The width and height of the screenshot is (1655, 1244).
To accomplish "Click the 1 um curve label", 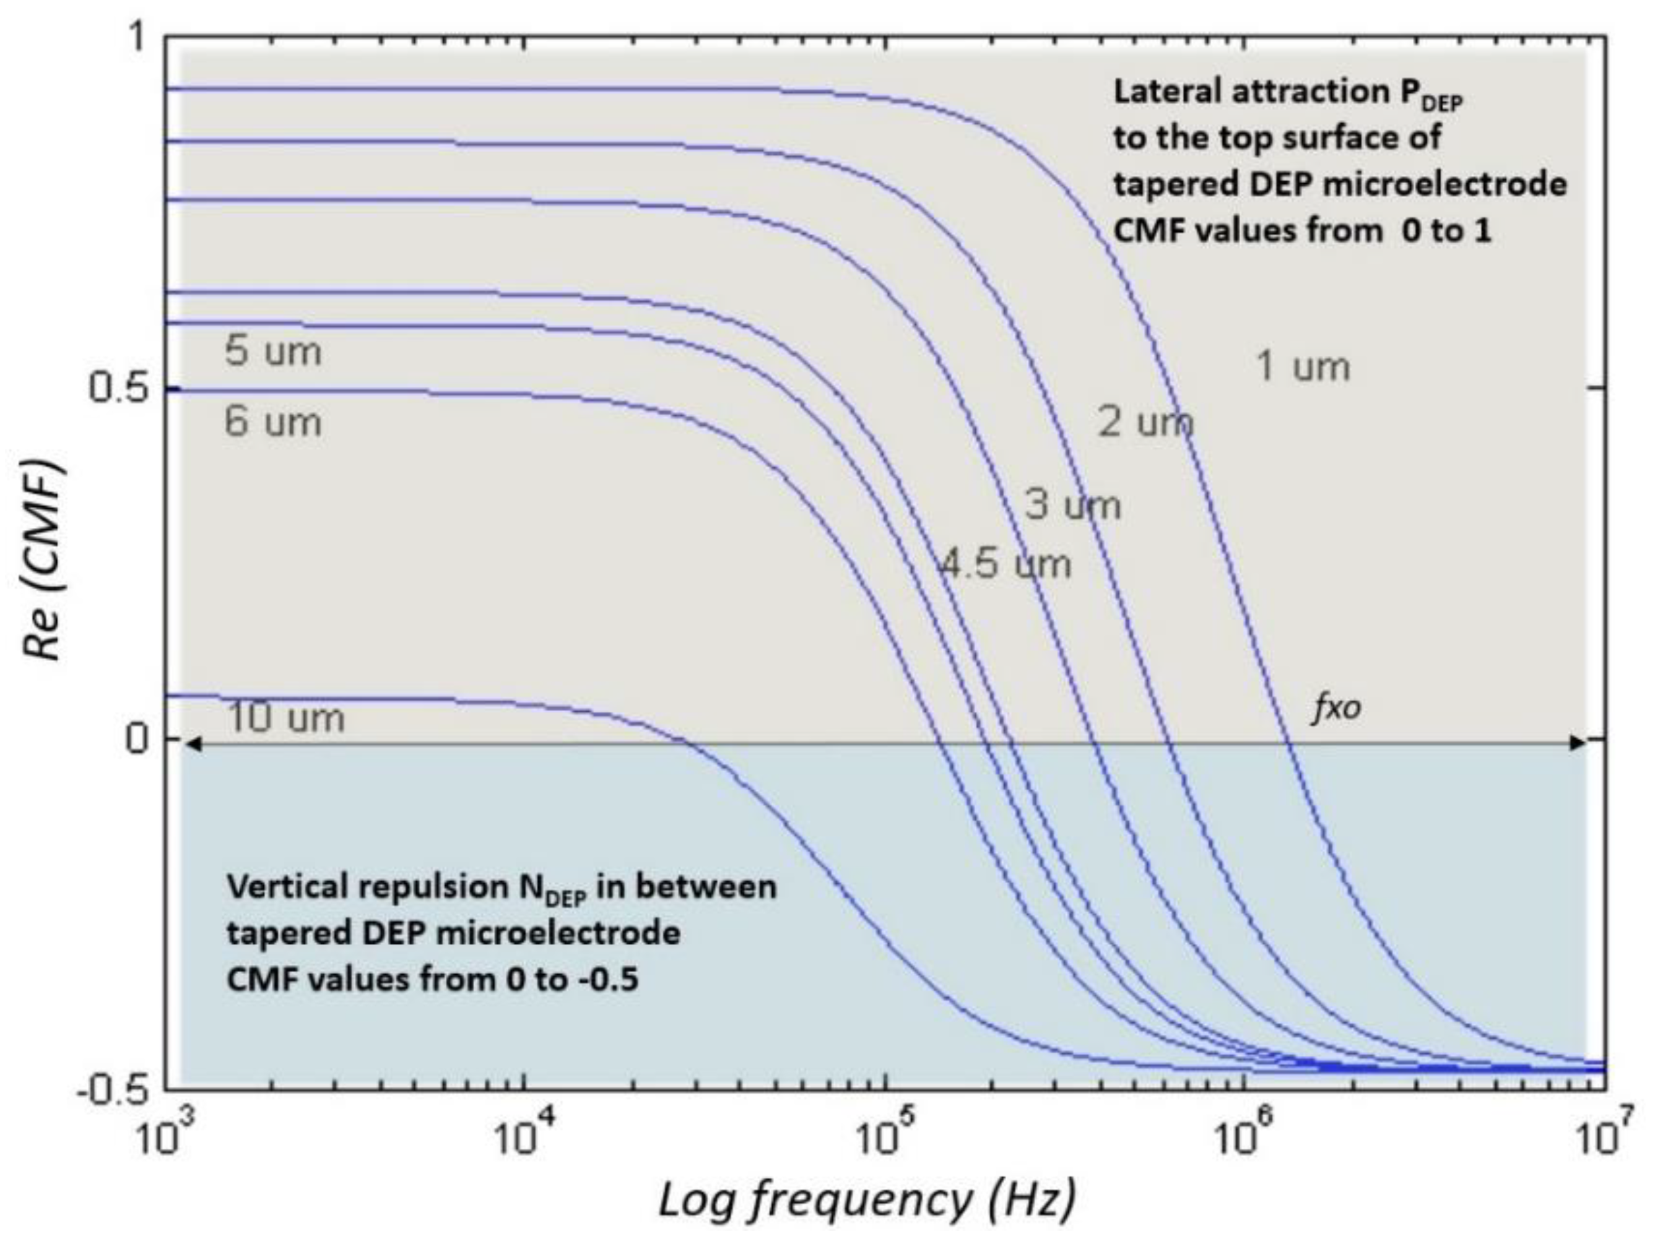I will pyautogui.click(x=1303, y=367).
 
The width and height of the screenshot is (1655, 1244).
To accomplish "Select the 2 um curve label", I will pyautogui.click(x=1145, y=423).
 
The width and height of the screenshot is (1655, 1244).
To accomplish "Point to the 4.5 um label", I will pyautogui.click(x=1005, y=564).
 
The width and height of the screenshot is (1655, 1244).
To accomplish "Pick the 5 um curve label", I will pyautogui.click(x=273, y=351).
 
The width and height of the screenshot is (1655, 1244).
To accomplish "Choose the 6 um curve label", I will pyautogui.click(x=273, y=423).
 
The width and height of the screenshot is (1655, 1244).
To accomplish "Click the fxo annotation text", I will pyautogui.click(x=1336, y=707).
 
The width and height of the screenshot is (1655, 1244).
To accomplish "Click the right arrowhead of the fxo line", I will pyautogui.click(x=1577, y=743).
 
